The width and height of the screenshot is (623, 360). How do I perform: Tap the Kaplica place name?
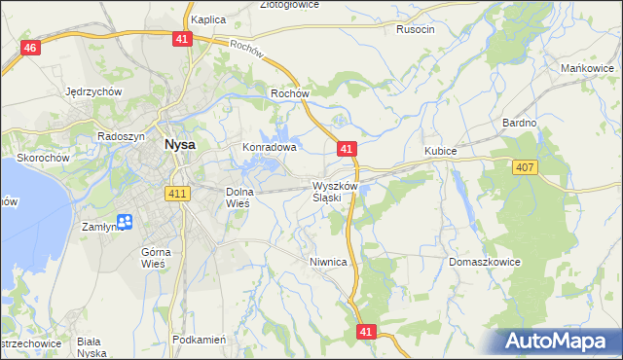coord(208,19)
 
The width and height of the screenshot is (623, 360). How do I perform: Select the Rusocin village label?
coord(416,29)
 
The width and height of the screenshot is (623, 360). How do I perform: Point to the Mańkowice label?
coord(586,68)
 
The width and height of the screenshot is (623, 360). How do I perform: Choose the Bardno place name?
coord(520,123)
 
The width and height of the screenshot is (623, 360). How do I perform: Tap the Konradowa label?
coord(269,148)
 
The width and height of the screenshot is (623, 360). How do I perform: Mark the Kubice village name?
coord(440,152)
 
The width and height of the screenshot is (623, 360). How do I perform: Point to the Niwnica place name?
coord(328,262)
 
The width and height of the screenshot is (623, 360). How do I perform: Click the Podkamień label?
coord(199,340)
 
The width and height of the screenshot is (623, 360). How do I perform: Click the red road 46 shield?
coord(30,49)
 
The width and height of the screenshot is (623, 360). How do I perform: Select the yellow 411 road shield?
coord(176,194)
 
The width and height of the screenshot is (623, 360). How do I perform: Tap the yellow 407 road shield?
coord(525,168)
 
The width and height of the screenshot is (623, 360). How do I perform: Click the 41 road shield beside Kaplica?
coord(184,38)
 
